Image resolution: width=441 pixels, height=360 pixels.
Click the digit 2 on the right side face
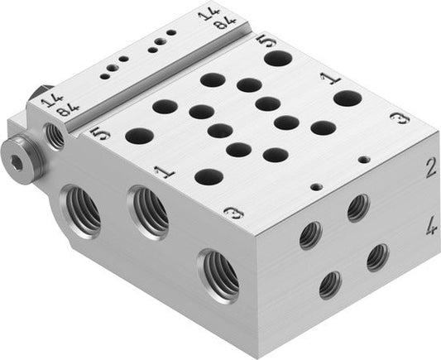click(x=429, y=169)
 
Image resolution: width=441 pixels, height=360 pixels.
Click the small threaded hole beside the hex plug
click(x=55, y=135)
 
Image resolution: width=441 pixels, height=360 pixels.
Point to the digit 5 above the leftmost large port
click(x=99, y=132)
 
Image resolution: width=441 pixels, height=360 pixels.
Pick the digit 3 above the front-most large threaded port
click(x=233, y=214)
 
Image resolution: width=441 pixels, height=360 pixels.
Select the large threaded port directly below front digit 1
click(x=149, y=212)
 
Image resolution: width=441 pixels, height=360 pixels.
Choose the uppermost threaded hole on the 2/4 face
click(x=357, y=207)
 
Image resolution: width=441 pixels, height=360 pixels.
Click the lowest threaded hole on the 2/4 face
click(x=330, y=284)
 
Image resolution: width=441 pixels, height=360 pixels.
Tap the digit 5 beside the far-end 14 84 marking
click(x=262, y=40)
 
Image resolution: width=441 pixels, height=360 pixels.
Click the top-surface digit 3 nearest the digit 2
click(x=400, y=118)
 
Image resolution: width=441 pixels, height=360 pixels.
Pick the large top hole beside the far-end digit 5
click(x=278, y=59)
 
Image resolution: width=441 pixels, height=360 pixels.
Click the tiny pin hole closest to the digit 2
click(x=362, y=158)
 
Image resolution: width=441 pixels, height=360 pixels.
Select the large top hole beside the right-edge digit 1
click(x=348, y=98)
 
